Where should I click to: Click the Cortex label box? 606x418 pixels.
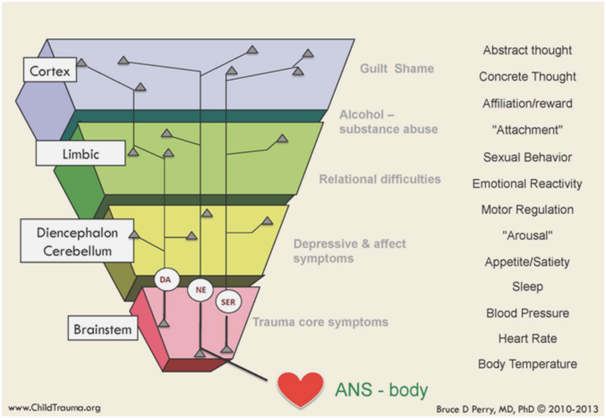[x=49, y=70]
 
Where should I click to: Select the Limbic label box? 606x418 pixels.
[x=80, y=153]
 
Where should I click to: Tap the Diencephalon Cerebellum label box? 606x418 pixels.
[x=77, y=241]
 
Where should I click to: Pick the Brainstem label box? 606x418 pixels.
[x=103, y=329]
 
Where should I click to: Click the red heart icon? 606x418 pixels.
[x=299, y=389]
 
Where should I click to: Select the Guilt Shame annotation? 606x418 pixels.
[x=396, y=68]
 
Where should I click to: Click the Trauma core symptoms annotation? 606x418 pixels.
[x=320, y=322]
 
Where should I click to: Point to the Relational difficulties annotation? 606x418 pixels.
[x=380, y=179]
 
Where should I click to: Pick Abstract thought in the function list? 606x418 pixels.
[x=527, y=50]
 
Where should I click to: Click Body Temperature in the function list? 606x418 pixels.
[x=527, y=364]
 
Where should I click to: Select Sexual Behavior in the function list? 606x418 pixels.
[x=527, y=157]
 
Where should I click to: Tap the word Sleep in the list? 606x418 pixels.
[x=527, y=286]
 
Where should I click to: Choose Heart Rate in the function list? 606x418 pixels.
[x=527, y=338]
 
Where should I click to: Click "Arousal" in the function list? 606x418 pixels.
[x=527, y=235]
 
